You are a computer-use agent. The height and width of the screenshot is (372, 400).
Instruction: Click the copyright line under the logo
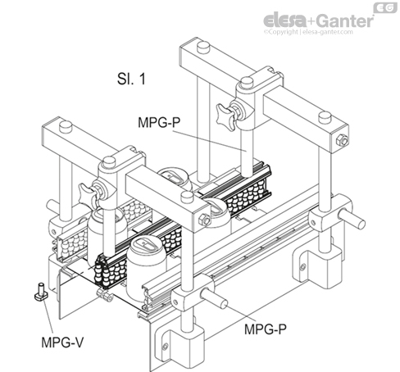coord(323,33)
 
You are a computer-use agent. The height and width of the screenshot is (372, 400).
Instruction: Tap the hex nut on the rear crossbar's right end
coord(342,140)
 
